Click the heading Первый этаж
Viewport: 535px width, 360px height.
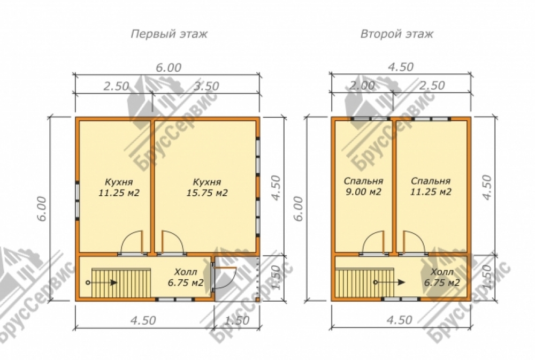pyautogui.click(x=169, y=34)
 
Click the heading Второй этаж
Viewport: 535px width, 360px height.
pyautogui.click(x=397, y=34)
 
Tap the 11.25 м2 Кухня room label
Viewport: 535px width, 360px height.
pyautogui.click(x=119, y=187)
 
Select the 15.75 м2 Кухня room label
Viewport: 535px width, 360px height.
pyautogui.click(x=207, y=187)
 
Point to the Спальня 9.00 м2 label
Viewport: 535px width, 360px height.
pyautogui.click(x=363, y=186)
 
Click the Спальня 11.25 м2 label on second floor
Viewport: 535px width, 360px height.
pyautogui.click(x=431, y=186)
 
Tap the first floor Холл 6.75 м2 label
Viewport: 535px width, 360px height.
pyautogui.click(x=186, y=278)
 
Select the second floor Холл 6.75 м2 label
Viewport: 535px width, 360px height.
pyautogui.click(x=442, y=278)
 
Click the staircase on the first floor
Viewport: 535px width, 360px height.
pyautogui.click(x=121, y=282)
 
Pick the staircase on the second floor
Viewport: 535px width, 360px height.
pyautogui.click(x=364, y=282)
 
